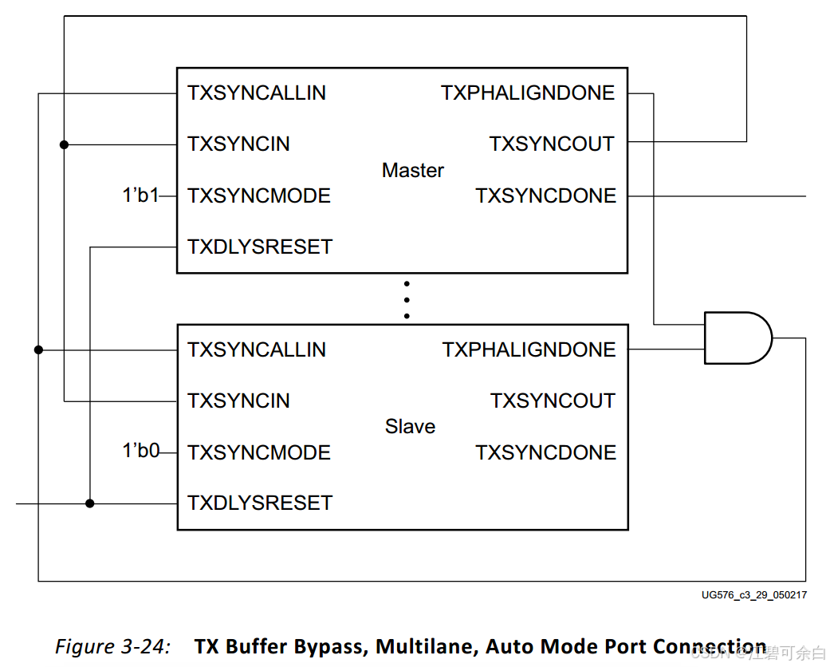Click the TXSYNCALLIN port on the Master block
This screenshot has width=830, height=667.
pos(257,93)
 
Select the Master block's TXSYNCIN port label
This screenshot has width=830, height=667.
pos(238,144)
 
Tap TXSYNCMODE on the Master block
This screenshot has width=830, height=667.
pos(259,196)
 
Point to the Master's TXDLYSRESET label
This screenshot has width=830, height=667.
pos(260,247)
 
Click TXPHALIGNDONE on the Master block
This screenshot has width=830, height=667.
pos(528,93)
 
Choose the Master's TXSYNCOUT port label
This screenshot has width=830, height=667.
pos(552,144)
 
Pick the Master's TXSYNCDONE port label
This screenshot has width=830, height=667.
pos(546,196)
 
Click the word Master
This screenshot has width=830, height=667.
pos(413,171)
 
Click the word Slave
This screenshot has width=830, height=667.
pos(410,427)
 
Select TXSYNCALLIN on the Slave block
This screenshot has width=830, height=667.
pos(257,350)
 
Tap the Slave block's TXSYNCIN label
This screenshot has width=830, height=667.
pos(238,401)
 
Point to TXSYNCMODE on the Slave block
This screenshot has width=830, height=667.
pos(259,453)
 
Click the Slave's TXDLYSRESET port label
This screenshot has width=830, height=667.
pos(260,503)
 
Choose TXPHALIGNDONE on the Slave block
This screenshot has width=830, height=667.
pos(529,350)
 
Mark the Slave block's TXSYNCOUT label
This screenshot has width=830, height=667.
pos(553,401)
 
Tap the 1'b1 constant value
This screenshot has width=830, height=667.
pos(140,195)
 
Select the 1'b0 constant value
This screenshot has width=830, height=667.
pos(140,452)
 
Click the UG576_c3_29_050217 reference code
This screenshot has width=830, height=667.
pos(753,595)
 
